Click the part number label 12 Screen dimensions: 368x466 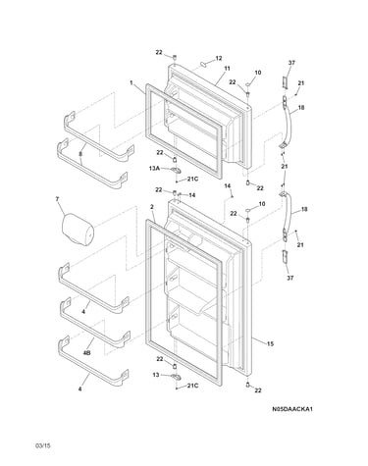pos(219,58)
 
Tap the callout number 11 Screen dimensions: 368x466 pos(227,69)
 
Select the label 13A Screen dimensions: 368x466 pos(154,168)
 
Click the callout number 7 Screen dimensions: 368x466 pos(58,199)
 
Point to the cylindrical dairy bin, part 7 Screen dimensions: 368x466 pos(78,230)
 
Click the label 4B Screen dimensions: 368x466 pos(86,353)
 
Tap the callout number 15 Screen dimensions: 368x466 pos(270,343)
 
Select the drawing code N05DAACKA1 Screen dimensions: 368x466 pos(292,409)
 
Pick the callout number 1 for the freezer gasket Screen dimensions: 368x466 pos(131,83)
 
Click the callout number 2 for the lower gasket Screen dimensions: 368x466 pos(152,207)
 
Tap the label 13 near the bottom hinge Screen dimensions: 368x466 pos(156,375)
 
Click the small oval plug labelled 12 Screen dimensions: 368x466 pos(203,64)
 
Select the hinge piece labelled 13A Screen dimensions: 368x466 pos(176,170)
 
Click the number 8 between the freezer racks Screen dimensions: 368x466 pos(80,153)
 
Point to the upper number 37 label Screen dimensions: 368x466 pos(291,63)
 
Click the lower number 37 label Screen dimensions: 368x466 pos(290,278)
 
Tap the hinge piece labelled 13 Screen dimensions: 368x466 pos(176,377)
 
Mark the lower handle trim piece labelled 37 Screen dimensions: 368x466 pos(286,256)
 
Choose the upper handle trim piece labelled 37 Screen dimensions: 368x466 pos(285,82)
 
